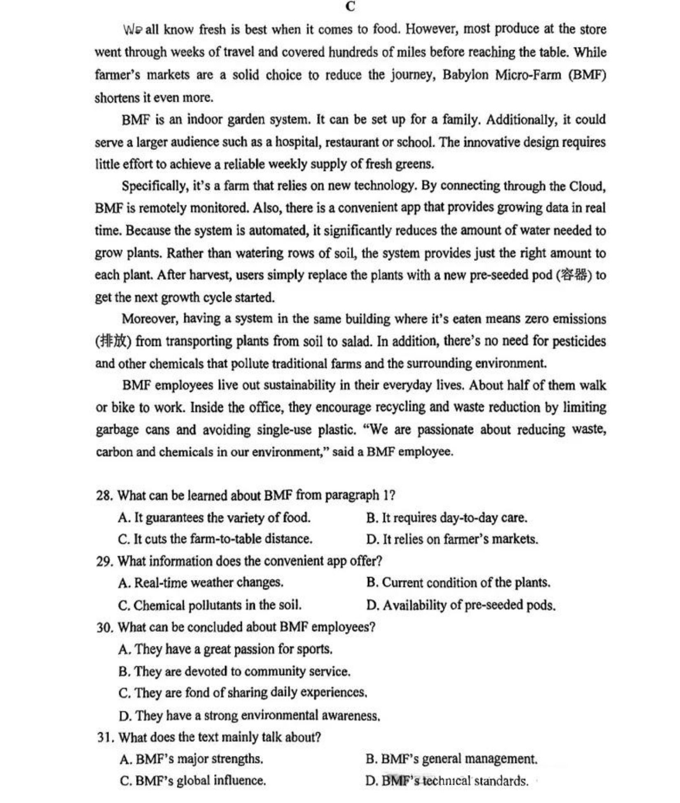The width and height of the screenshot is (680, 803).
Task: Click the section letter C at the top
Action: [x=350, y=6]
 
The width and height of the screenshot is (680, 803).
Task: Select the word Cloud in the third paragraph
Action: [x=586, y=186]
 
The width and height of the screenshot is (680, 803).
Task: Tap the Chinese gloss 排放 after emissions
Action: [x=113, y=341]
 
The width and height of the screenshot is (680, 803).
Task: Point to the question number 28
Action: [x=104, y=495]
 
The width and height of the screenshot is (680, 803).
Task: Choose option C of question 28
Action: [x=215, y=539]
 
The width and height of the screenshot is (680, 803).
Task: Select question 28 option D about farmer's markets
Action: [x=452, y=539]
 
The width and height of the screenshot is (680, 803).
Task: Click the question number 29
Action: [x=104, y=561]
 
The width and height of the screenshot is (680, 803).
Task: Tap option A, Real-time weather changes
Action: [x=201, y=583]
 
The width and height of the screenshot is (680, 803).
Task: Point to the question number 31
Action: [x=105, y=737]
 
